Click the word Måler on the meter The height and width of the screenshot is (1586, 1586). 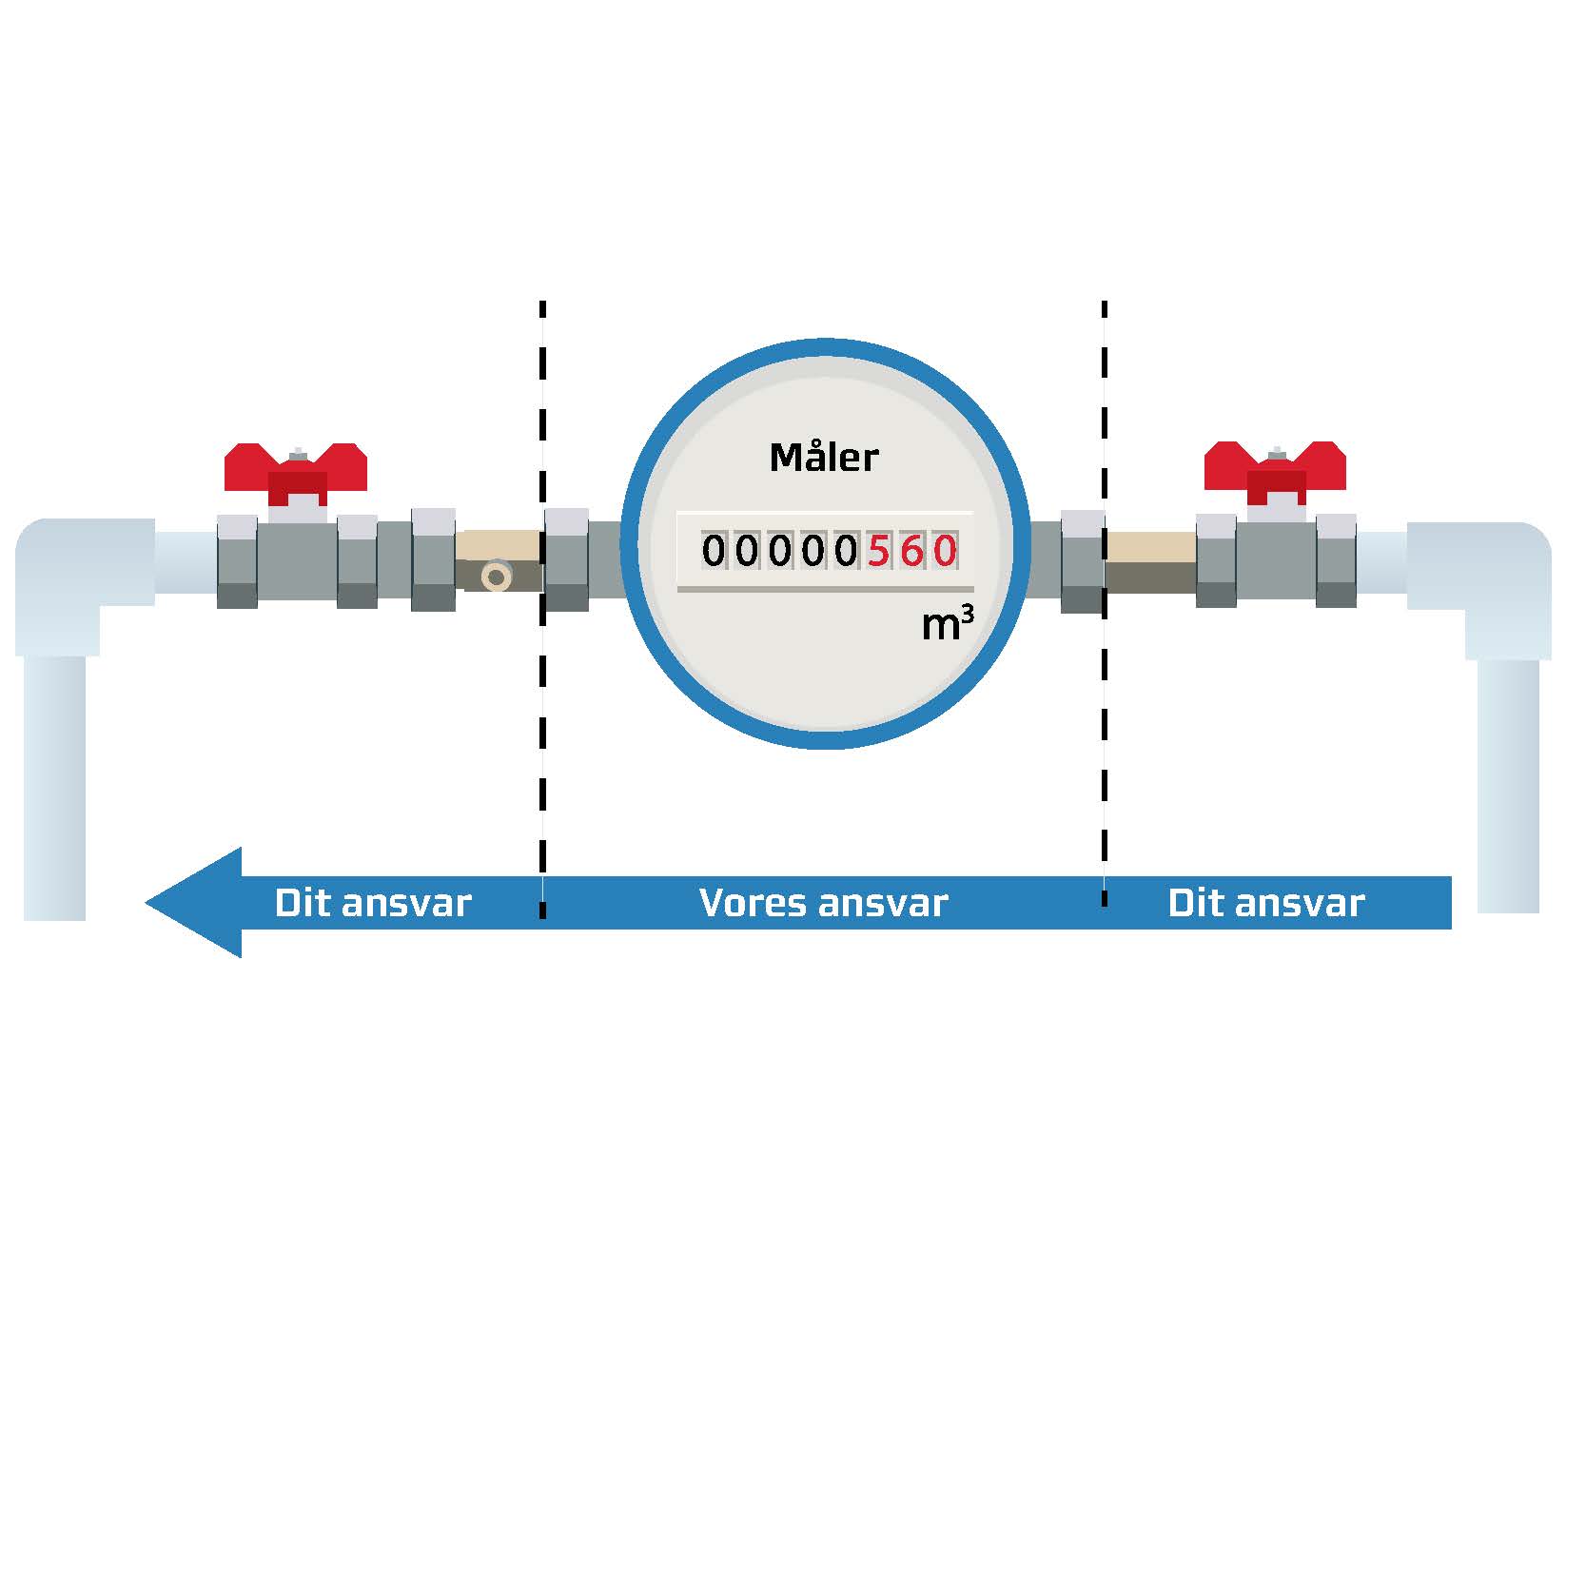tap(823, 458)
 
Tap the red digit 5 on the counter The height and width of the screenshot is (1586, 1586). tap(877, 551)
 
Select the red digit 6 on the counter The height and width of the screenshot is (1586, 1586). tap(911, 551)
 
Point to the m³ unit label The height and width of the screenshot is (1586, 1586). tap(947, 624)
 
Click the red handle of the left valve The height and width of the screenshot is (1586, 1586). tap(296, 470)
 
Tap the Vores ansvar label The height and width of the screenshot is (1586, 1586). tap(823, 903)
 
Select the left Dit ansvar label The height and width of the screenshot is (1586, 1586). tap(373, 903)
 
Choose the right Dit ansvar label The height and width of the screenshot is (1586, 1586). tap(1265, 903)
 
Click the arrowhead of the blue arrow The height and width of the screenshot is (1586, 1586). tap(195, 902)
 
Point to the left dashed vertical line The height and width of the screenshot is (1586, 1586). tap(542, 666)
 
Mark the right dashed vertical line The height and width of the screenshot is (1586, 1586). tap(1104, 666)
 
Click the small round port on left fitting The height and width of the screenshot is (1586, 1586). tap(496, 576)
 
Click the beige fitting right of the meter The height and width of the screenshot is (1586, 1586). tap(1149, 560)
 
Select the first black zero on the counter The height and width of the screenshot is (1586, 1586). tap(713, 551)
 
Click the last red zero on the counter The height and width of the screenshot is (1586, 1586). tap(944, 551)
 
